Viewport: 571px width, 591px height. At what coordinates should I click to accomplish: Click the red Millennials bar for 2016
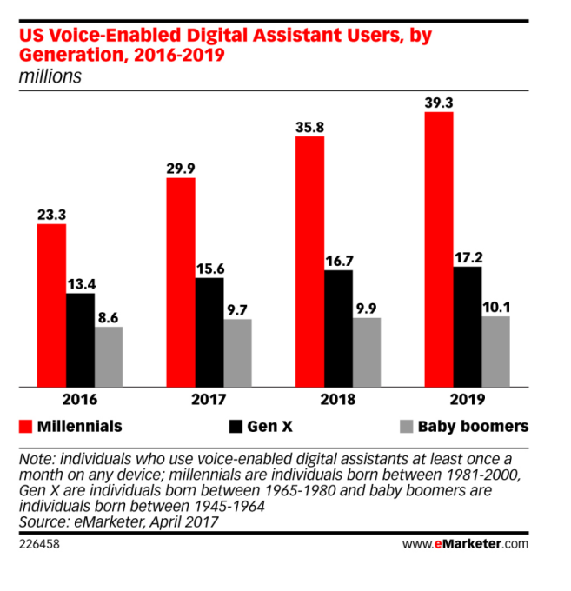(x=51, y=305)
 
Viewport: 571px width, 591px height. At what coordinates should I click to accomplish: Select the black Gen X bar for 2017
(x=209, y=332)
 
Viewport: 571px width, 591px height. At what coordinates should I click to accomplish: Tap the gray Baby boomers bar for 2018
(x=367, y=352)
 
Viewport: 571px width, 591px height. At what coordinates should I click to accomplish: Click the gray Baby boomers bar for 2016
(x=109, y=356)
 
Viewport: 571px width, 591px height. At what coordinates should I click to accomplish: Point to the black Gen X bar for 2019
(x=467, y=326)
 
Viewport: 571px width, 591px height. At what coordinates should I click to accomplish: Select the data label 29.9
(x=180, y=167)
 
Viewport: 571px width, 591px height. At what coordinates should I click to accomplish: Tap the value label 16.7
(x=338, y=259)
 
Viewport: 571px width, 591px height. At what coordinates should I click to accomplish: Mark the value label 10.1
(x=495, y=305)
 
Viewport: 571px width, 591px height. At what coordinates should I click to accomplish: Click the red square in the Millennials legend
(x=26, y=427)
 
